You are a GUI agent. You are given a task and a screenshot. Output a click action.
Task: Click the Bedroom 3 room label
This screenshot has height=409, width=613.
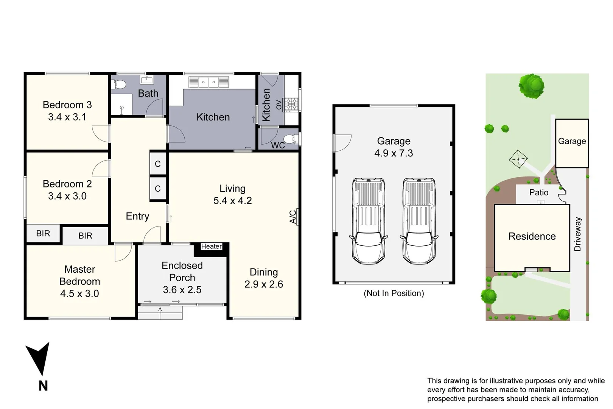click(67, 105)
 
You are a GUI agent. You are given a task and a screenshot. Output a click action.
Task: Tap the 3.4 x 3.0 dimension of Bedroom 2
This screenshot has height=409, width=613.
click(67, 196)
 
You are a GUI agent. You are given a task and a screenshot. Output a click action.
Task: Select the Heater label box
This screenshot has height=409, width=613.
click(211, 247)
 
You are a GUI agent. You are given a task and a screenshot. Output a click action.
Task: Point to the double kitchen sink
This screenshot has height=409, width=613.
click(208, 82)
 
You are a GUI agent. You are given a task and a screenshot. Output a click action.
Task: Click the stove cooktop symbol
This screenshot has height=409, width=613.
click(291, 105)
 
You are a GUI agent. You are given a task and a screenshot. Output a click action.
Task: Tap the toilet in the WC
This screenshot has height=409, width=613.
click(291, 139)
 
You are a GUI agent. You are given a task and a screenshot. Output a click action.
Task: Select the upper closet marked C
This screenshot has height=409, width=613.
click(158, 164)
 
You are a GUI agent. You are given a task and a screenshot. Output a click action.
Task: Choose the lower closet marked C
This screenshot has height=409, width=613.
click(158, 189)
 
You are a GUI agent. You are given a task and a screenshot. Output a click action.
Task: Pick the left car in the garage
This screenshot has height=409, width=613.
click(368, 221)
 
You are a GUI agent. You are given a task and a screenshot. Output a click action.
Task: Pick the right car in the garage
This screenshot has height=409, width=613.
click(419, 221)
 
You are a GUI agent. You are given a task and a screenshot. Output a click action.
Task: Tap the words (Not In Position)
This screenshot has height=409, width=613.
click(394, 293)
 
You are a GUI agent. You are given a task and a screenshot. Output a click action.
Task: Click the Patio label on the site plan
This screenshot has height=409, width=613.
click(538, 192)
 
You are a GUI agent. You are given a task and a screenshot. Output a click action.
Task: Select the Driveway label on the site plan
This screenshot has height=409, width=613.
click(577, 234)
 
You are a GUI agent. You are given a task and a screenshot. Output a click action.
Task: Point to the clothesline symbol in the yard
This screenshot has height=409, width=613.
click(518, 159)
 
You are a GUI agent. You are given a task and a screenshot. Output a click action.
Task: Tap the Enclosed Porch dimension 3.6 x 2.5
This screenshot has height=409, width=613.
click(182, 290)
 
